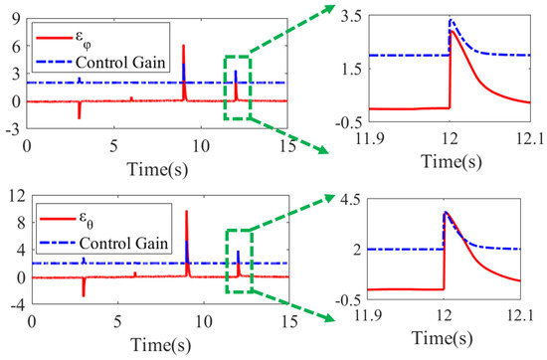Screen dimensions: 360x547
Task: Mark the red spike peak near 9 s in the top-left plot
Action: point(184,46)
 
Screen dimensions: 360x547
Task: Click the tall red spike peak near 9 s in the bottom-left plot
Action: point(187,211)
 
